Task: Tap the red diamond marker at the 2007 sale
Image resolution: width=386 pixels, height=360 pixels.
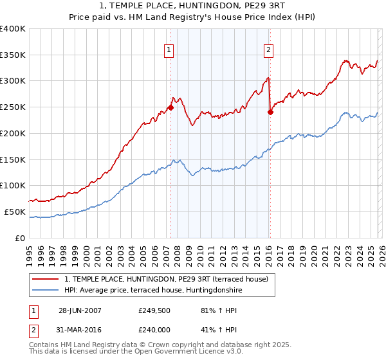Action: click(170, 107)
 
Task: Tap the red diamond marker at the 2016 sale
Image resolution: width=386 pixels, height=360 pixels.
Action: click(270, 112)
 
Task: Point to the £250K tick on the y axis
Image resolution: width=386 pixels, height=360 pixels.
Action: click(13, 107)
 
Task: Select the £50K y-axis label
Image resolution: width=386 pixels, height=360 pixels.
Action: click(15, 212)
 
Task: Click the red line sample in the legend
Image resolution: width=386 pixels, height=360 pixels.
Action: click(46, 278)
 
